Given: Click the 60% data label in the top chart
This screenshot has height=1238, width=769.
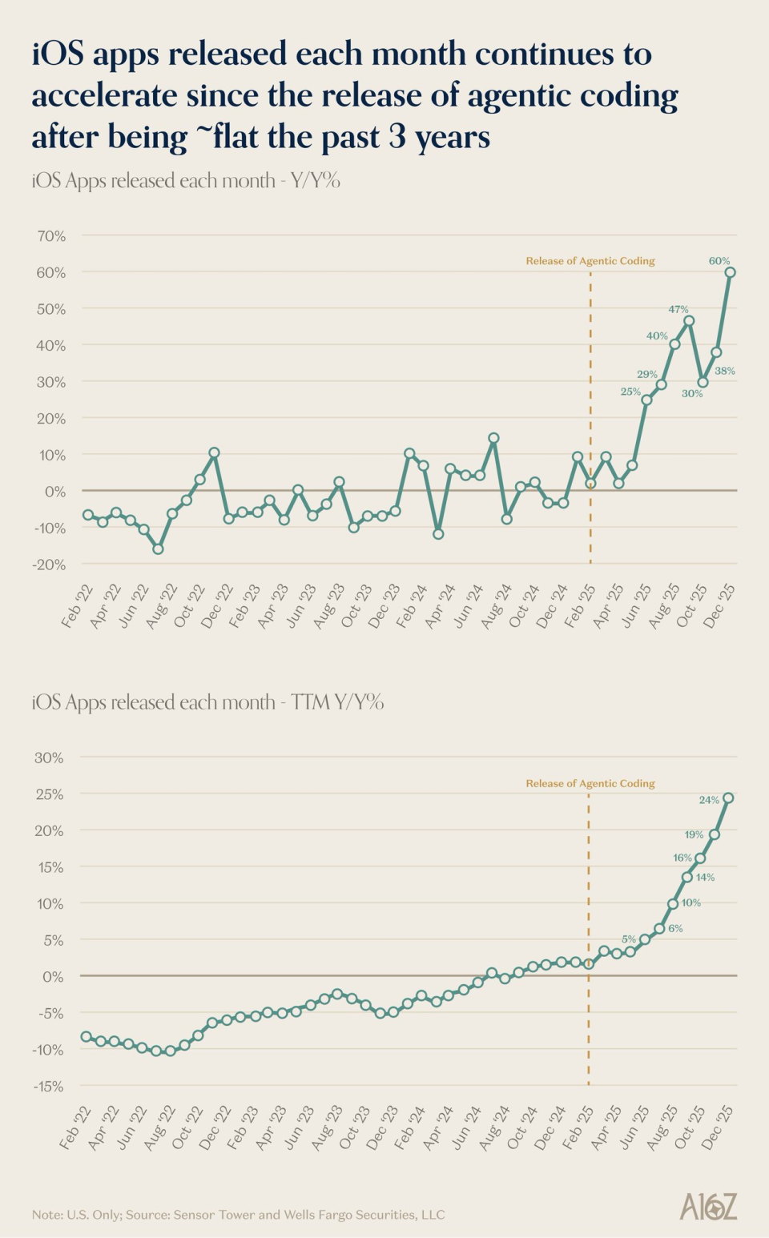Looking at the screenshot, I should [719, 261].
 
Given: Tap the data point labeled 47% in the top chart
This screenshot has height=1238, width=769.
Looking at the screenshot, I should [689, 321].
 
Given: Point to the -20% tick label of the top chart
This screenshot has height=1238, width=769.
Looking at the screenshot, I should [50, 565].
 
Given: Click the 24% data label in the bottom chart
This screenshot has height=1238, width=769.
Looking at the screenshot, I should [709, 800].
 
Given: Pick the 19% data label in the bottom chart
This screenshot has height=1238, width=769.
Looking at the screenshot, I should [694, 834].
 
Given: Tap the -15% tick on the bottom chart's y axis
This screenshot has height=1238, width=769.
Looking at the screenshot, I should [48, 1087].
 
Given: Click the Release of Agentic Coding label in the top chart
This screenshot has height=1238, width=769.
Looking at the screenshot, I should [590, 261].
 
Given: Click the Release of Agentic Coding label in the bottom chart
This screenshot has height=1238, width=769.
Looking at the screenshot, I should [590, 783].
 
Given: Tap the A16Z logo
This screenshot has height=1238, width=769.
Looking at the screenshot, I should [708, 1207].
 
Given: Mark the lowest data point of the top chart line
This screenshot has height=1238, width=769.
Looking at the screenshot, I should [158, 549].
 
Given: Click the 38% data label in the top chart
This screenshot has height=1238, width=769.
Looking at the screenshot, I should [724, 371].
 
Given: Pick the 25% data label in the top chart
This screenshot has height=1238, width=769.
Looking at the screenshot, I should [630, 392].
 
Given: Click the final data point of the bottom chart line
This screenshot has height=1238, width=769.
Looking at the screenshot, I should [728, 798].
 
